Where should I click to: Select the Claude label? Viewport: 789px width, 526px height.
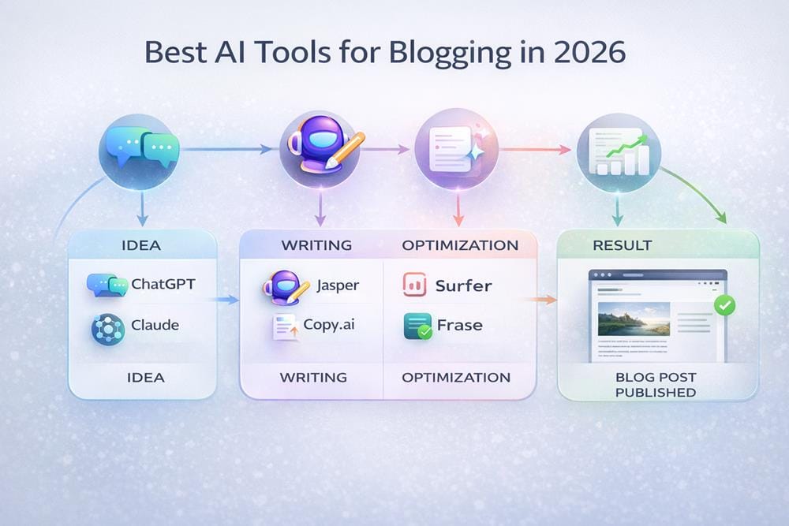[x=155, y=325]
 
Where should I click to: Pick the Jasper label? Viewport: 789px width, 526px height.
[x=337, y=285]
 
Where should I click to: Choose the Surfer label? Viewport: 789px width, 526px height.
[x=464, y=285]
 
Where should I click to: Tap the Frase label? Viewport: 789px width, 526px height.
[x=459, y=325]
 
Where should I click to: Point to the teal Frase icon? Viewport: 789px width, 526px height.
[x=416, y=325]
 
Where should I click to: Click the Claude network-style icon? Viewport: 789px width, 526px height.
[x=107, y=327]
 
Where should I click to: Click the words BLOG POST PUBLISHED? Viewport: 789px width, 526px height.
[x=655, y=384]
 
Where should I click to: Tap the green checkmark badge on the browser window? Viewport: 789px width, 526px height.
[x=723, y=304]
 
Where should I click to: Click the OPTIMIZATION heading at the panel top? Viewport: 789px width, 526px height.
[x=460, y=245]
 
